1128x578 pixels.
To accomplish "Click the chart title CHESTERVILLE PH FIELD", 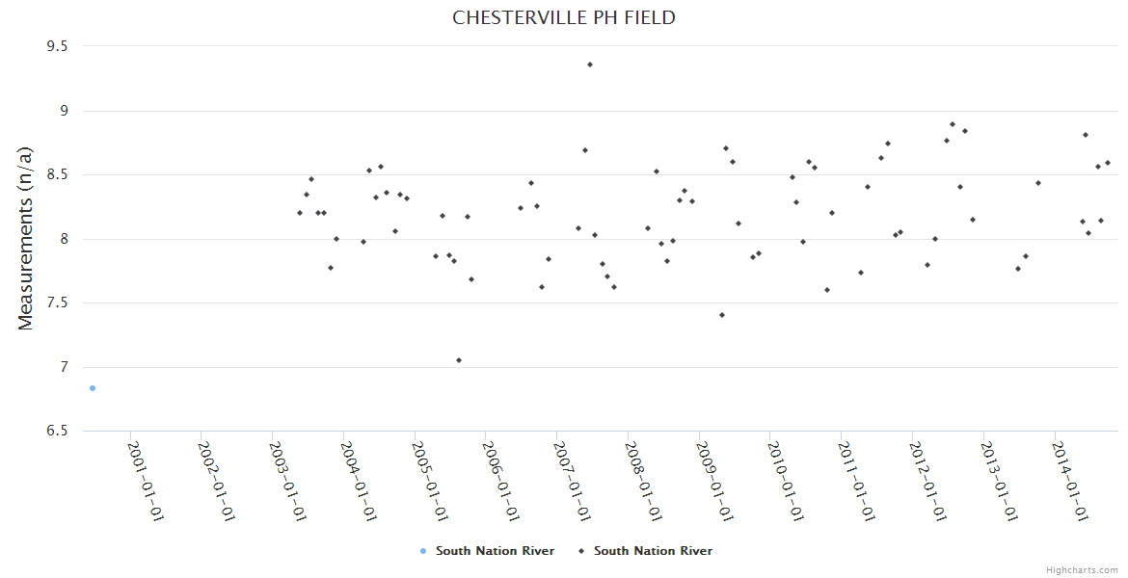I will tap(564, 18).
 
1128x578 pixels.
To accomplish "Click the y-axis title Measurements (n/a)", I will tap(26, 238).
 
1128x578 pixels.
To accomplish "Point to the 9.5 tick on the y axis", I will tap(55, 46).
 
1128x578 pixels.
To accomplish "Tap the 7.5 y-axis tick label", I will tap(55, 303).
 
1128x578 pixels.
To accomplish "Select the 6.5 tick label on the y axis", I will tap(55, 432).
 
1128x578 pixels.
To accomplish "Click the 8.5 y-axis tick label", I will tap(55, 175).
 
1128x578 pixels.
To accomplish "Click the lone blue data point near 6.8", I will tap(93, 388).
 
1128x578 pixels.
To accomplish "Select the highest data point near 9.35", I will tap(590, 65).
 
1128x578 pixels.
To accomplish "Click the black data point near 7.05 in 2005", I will tap(459, 360).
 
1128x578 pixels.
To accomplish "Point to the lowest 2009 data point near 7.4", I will tap(722, 315).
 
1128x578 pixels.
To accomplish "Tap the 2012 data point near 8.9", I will tap(953, 124).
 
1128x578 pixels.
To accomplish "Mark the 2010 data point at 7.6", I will tap(827, 290).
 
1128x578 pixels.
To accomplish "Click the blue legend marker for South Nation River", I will tap(423, 551).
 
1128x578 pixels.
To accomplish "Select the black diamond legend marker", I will tap(581, 551).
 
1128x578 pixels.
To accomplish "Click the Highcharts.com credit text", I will tap(1082, 570).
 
